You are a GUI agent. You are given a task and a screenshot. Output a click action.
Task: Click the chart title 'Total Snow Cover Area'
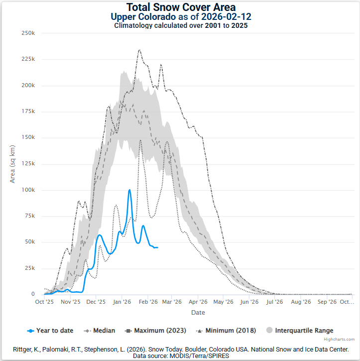pos(180,7)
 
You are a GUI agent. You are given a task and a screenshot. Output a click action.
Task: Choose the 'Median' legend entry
pos(103,330)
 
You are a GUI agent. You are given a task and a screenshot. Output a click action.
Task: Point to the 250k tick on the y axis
pos(28,33)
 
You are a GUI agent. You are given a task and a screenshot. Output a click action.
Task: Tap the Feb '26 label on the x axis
pos(148,302)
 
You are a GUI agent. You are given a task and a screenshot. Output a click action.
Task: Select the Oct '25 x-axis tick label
pos(44,302)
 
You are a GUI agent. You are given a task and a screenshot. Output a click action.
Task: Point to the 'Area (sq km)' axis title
pos(13,163)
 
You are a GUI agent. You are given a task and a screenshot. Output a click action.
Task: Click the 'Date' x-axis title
pos(198,313)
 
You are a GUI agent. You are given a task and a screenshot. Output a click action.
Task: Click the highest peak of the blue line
pos(129,190)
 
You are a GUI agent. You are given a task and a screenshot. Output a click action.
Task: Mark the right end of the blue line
pos(157,247)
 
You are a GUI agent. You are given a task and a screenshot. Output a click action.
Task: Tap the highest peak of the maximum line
pos(139,50)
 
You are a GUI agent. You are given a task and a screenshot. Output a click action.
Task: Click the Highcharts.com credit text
pos(344,339)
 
